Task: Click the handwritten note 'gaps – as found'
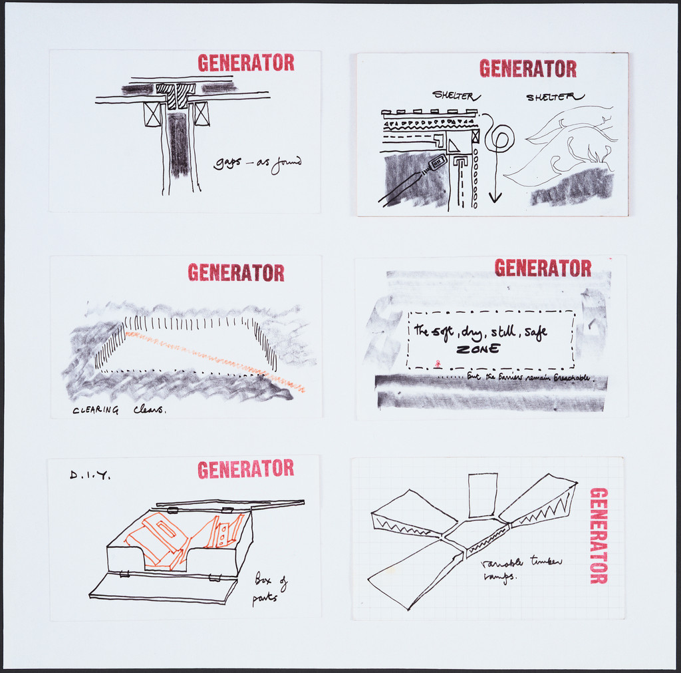[x=257, y=163]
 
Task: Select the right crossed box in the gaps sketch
[x=202, y=114]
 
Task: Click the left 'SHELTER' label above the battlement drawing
[x=453, y=95]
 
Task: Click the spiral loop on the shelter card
[x=499, y=139]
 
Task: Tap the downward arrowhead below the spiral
[x=495, y=197]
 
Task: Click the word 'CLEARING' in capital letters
[x=96, y=411]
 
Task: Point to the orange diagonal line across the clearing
[x=213, y=359]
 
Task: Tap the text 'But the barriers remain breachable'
[x=528, y=377]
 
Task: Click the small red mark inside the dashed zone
[x=437, y=363]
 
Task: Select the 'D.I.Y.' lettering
[x=90, y=475]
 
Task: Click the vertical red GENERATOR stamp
[x=599, y=536]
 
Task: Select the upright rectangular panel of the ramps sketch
[x=483, y=495]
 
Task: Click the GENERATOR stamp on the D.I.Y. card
[x=245, y=469]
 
